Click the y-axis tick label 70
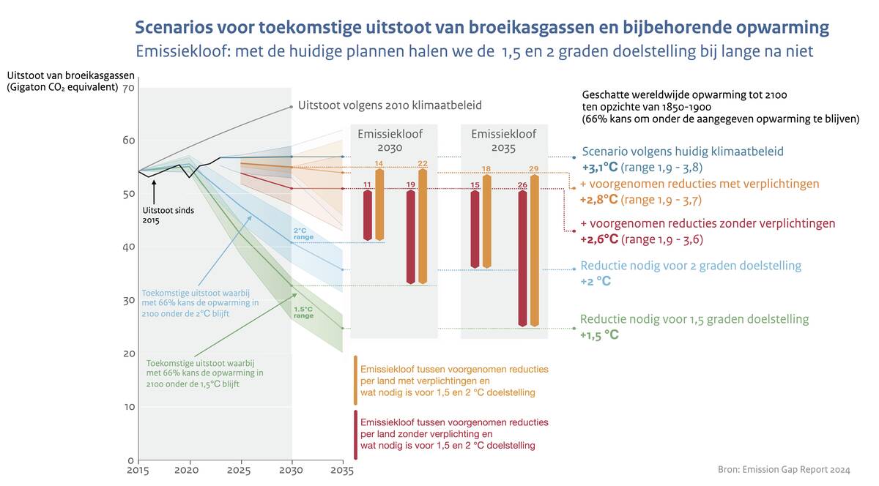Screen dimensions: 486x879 coord(129,88)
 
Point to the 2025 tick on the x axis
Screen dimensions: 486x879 coord(240,468)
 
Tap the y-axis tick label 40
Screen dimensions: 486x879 coord(129,247)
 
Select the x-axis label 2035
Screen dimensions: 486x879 coord(342,468)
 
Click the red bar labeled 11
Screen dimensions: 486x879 coord(368,215)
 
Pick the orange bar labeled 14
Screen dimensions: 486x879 coord(379,204)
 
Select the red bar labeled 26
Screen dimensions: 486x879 coord(522,258)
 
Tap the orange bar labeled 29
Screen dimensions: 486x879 coord(535,250)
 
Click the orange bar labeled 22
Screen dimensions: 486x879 coord(423,226)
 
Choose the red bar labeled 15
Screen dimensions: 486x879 coord(475,229)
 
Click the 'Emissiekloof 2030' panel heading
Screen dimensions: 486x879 coord(385,141)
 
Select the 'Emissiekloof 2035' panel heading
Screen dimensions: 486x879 coord(503,141)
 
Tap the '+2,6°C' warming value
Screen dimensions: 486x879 coord(599,239)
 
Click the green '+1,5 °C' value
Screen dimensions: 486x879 coord(599,335)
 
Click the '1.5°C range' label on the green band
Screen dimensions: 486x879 coord(304,313)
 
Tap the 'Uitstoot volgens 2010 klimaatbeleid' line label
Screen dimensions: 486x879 coord(390,105)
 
